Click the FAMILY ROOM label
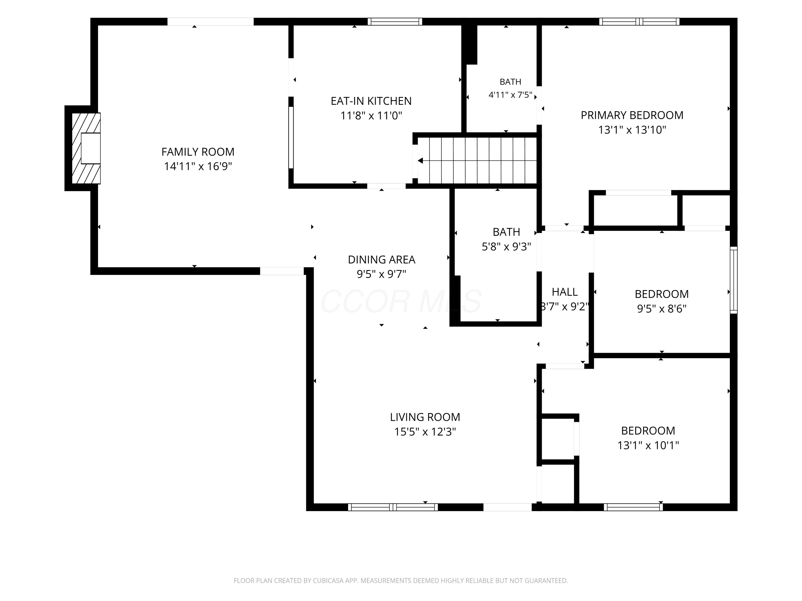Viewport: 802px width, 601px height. point(198,151)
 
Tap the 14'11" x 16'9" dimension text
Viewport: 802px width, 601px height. point(198,166)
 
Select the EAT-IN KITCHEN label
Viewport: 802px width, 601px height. point(371,101)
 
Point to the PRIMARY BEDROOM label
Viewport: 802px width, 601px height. point(632,115)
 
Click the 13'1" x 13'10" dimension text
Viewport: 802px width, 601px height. point(632,130)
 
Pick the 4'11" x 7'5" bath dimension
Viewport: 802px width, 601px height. point(511,95)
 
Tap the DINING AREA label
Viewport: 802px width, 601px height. point(381,259)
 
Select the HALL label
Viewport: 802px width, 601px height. point(565,292)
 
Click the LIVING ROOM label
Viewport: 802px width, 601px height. point(425,417)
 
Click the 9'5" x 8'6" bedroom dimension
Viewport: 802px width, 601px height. point(662,309)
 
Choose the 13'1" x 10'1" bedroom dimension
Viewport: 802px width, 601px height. point(648,445)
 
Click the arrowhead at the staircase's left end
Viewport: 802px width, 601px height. point(420,161)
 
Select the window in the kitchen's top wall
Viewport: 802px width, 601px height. point(395,22)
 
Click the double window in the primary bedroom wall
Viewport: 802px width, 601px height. point(639,22)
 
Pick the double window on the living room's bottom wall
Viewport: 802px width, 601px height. point(393,507)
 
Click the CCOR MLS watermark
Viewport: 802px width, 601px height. point(401,301)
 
